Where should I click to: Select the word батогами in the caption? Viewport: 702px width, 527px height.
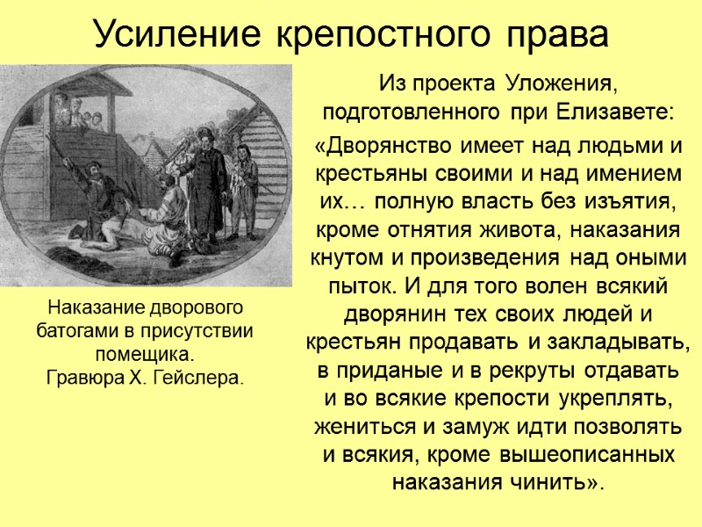75,333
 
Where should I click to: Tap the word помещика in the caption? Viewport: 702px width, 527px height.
145,355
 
